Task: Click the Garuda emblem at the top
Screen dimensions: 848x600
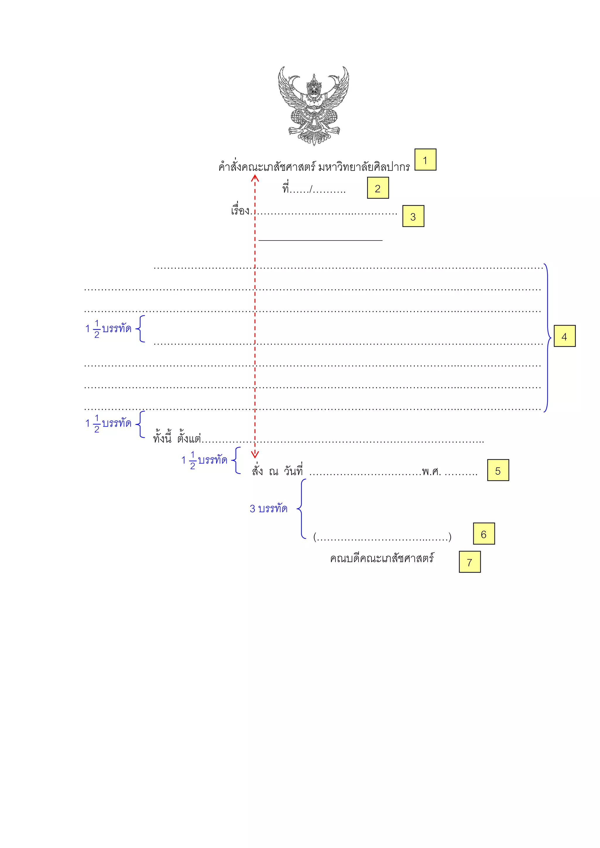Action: point(313,106)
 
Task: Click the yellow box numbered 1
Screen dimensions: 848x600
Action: point(425,160)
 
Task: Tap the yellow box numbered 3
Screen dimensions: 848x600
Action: point(413,217)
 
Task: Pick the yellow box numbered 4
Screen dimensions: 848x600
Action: point(564,336)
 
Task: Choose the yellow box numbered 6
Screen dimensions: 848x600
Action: point(484,534)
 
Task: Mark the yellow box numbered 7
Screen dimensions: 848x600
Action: point(470,562)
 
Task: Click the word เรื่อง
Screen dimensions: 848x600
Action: point(240,211)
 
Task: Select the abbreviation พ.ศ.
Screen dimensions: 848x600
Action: point(432,472)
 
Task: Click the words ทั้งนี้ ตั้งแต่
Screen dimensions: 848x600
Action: point(177,438)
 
